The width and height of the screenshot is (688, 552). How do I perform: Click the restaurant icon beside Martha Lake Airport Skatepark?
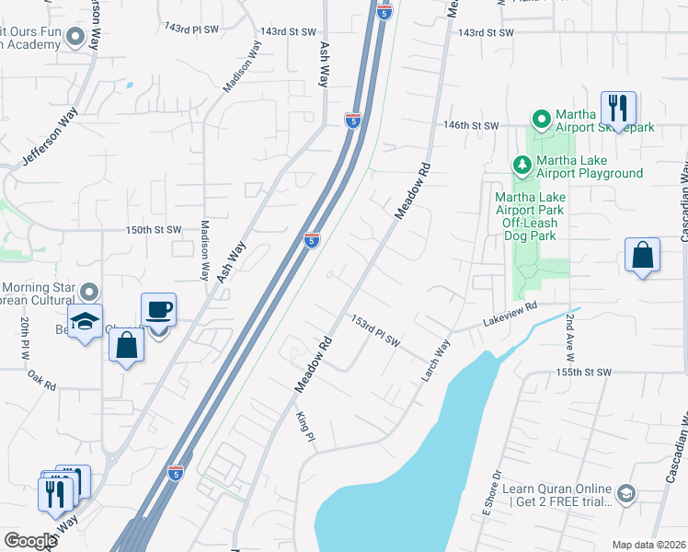click(618, 109)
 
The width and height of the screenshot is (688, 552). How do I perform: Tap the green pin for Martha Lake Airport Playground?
click(522, 165)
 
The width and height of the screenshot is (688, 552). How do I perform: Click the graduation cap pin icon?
click(86, 321)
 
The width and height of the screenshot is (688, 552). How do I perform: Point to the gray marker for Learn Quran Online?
click(626, 494)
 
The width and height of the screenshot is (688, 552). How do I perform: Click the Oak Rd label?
click(42, 378)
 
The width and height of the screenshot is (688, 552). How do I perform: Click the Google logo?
click(30, 541)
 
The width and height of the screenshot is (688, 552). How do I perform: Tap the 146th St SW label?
click(470, 125)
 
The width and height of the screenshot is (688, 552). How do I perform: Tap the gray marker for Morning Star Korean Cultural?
click(89, 292)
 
